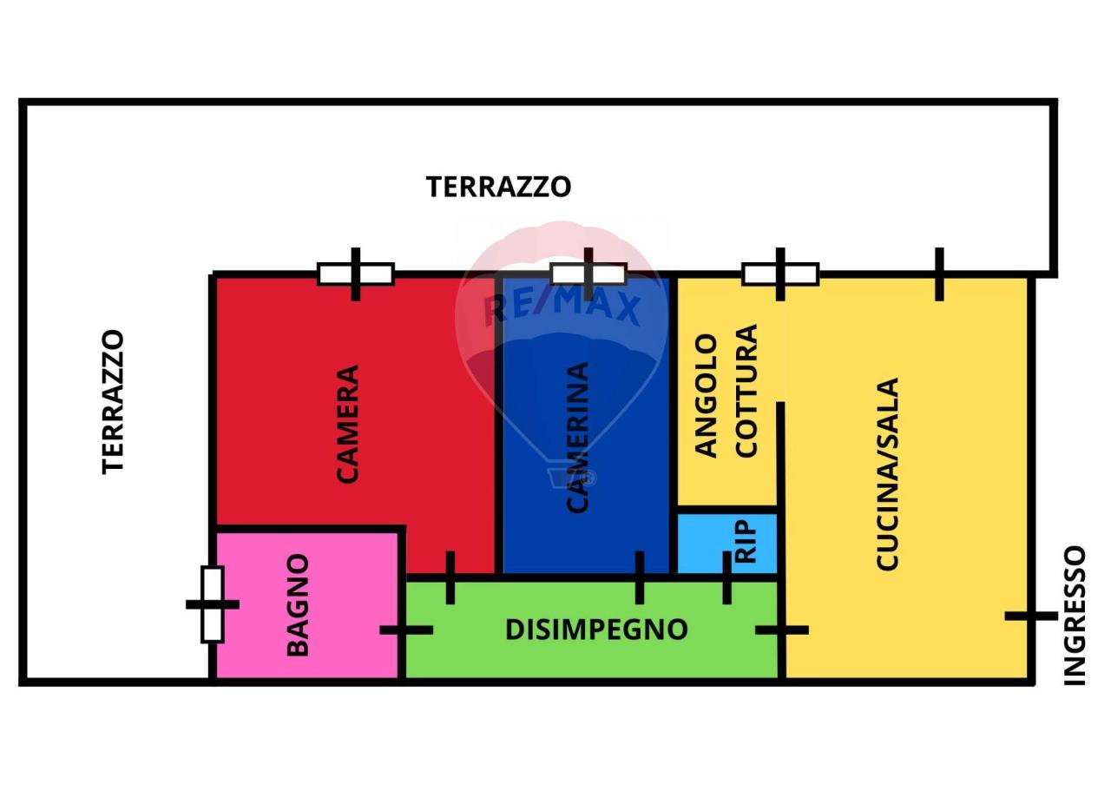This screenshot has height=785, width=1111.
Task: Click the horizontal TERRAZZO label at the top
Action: point(498,187)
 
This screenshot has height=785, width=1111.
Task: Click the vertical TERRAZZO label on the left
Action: point(114,401)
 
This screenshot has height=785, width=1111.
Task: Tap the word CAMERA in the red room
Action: point(347,424)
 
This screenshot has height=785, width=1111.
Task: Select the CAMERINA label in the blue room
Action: point(578,437)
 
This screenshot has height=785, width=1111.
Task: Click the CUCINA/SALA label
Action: point(887,474)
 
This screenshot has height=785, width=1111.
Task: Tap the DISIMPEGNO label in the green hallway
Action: point(596,629)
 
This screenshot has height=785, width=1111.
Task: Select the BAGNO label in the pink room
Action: point(298,605)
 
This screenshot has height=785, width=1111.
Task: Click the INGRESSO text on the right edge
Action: point(1075,616)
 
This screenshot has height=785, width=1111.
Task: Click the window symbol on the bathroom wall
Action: point(213,604)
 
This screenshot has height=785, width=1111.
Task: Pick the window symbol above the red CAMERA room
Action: point(356,274)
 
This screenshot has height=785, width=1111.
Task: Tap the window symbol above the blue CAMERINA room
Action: point(588,274)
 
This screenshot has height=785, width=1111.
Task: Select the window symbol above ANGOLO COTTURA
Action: point(780,274)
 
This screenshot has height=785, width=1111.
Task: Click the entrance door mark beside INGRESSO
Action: point(1030,616)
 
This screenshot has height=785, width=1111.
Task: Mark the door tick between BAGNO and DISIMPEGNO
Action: point(405,630)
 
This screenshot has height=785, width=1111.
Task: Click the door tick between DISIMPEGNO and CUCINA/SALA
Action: point(782,630)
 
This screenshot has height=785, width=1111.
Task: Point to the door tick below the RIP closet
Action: point(727,577)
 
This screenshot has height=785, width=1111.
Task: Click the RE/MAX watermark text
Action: point(562,307)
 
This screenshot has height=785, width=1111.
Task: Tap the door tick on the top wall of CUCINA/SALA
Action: point(939,274)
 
